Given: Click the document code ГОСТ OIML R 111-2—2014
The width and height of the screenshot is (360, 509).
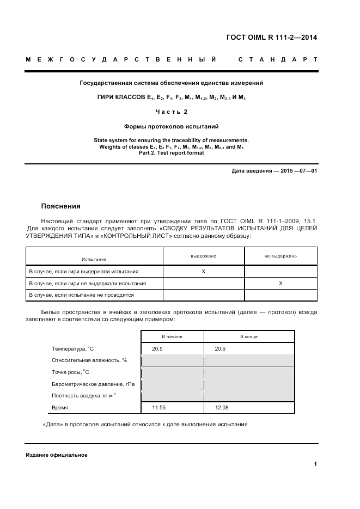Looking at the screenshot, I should pos(271,38).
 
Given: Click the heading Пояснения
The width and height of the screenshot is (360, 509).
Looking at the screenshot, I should pos(60,206).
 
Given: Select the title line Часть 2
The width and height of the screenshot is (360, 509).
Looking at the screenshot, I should pos(172,112).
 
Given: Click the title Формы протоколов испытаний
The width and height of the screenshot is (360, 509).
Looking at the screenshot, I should pos(172,126).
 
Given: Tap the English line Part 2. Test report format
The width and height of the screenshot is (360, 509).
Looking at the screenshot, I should pos(172,153).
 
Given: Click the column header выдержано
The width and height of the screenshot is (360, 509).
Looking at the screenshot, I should pos(203,255).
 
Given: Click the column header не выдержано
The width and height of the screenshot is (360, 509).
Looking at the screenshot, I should pos(280,255).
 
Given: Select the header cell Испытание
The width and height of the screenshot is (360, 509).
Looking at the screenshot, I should pos(94,260).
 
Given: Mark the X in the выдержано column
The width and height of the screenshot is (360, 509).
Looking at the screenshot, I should pos(203,271).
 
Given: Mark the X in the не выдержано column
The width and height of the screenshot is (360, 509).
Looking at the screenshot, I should pos(280,283).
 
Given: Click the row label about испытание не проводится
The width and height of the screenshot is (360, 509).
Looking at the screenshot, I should pos(81,295).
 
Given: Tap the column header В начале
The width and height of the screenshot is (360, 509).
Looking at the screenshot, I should pos(172,337).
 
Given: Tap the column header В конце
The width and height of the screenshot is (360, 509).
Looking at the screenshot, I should pos(249,337).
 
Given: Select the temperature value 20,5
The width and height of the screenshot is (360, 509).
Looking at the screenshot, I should pos(158,348).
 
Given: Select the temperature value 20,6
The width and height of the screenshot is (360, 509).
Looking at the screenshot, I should pos(221,348).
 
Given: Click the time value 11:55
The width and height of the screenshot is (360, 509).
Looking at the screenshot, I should pos(159,407).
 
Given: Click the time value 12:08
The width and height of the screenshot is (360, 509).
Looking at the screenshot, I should pos(222,407).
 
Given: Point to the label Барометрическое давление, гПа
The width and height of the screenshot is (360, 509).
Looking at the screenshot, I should pos(93,384).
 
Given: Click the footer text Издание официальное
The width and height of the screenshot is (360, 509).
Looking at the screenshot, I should pos(56,455).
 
